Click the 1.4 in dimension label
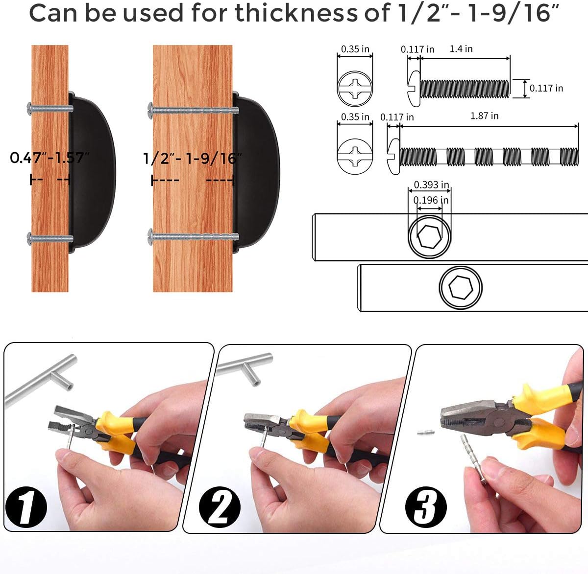pyautogui.click(x=461, y=49)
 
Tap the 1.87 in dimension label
pyautogui.click(x=484, y=116)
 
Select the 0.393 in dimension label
pyautogui.click(x=431, y=184)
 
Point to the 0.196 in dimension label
pyautogui.click(x=431, y=200)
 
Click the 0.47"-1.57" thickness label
pyautogui.click(x=49, y=158)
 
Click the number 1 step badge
pyautogui.click(x=25, y=508)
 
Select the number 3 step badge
pyautogui.click(x=426, y=507)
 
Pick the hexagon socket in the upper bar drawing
pyautogui.click(x=429, y=237)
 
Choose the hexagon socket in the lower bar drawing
pyautogui.click(x=460, y=288)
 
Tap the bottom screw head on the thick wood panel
pyautogui.click(x=151, y=237)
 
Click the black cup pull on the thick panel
pyautogui.click(x=257, y=171)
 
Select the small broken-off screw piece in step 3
pyautogui.click(x=426, y=432)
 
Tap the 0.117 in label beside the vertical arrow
pyautogui.click(x=546, y=89)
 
